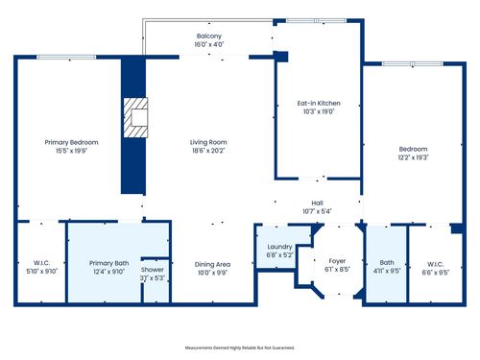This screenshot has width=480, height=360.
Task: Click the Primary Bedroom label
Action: pos(71,142)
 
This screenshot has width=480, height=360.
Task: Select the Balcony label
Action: pos(208,36)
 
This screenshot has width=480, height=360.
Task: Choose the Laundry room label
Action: pos(279,247)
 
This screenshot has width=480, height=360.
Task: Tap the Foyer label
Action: pos(337,260)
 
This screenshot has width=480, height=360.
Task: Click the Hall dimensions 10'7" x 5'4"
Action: pos(316,211)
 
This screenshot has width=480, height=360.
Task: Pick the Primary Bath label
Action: pos(108,263)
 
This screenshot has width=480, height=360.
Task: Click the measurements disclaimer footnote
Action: pos(239,347)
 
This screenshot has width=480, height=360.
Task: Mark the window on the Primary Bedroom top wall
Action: pos(65,58)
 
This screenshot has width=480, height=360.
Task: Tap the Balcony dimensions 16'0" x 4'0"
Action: pos(208,44)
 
